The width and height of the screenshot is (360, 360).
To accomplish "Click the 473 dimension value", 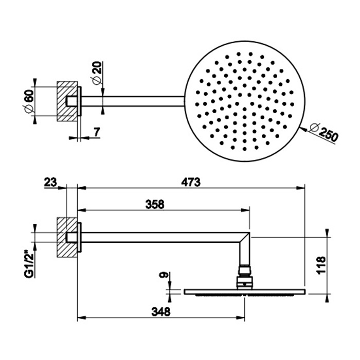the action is coord(191,182).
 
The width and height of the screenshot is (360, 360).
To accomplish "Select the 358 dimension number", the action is coord(155,205).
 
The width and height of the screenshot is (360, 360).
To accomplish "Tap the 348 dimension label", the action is coord(160,312).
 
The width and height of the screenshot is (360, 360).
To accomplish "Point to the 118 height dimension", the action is coord(321,265).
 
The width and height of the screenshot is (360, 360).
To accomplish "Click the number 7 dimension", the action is coord(97,132).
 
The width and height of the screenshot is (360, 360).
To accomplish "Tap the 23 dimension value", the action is coord(50,183).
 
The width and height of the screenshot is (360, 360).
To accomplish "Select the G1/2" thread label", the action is coord(30,264).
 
